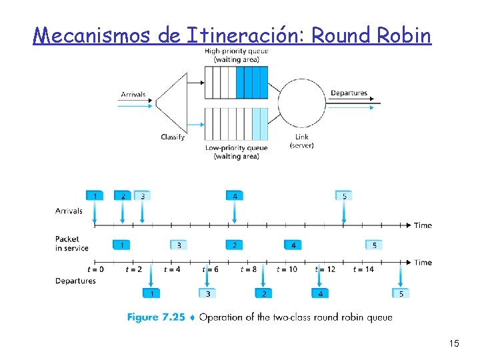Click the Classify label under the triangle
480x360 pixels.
(x=173, y=137)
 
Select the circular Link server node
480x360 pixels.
(x=301, y=103)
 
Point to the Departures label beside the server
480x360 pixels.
(x=349, y=93)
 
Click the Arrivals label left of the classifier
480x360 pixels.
(x=133, y=95)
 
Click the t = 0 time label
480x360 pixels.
(x=95, y=269)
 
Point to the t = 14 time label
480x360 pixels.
(x=365, y=269)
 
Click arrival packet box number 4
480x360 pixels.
(x=235, y=196)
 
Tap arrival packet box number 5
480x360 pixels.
(x=344, y=196)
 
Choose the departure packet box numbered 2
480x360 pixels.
(x=264, y=293)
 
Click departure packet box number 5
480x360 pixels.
(x=401, y=293)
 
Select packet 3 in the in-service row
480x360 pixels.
(x=179, y=245)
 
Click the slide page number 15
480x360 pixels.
(x=454, y=344)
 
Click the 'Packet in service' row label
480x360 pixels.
(x=71, y=243)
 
